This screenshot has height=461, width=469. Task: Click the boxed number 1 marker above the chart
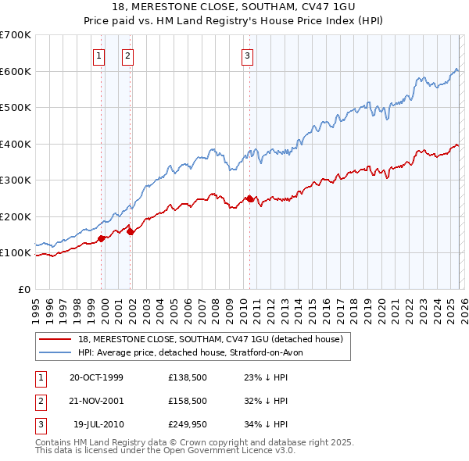pos(99,55)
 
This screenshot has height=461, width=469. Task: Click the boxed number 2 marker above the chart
pos(127,55)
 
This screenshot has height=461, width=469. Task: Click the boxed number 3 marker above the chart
pos(247,55)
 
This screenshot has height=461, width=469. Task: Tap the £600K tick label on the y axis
pos(16,71)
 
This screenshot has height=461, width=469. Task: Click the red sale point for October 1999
pos(102,239)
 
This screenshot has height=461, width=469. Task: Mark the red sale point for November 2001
pos(131,231)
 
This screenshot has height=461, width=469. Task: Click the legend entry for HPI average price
pos(195,352)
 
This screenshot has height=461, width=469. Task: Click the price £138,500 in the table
pos(186,377)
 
